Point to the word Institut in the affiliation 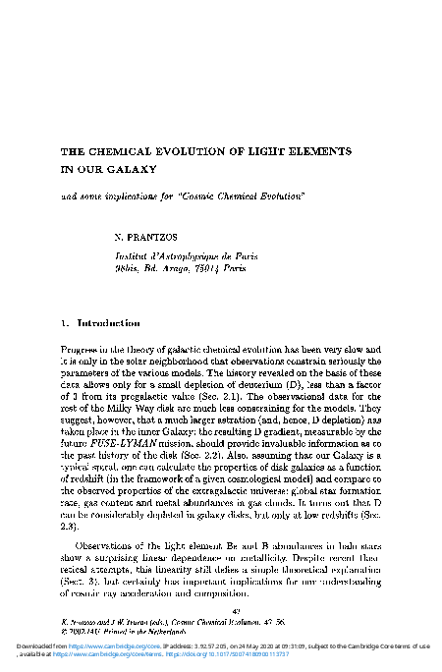click(135, 252)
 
